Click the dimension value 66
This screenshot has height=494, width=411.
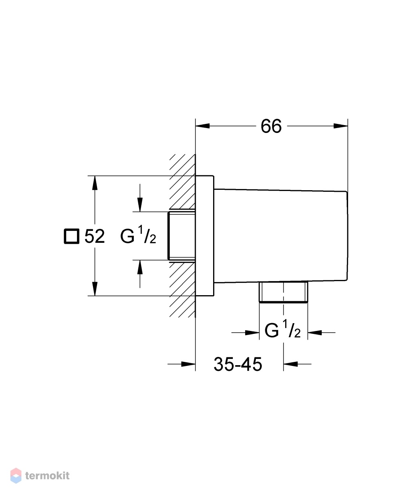[271, 126]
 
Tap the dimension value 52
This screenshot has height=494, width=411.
[95, 236]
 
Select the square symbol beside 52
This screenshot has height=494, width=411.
[72, 236]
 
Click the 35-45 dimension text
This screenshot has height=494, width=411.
[238, 364]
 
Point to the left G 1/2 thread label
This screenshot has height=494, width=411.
[138, 235]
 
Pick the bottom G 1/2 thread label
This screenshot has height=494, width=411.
[282, 329]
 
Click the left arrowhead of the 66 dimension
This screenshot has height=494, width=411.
[202, 126]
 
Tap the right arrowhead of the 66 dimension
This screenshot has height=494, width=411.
[341, 126]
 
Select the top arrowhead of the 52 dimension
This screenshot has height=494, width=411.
[95, 183]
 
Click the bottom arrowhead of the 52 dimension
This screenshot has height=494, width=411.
[95, 289]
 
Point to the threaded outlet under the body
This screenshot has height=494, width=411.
[283, 292]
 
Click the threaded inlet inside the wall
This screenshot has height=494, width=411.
[181, 235]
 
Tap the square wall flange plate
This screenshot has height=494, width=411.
[204, 235]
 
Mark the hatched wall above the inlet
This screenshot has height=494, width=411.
[183, 182]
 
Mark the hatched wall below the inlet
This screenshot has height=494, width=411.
[183, 289]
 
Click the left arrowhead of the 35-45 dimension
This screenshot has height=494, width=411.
[188, 364]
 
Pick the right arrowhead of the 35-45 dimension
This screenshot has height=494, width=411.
[290, 364]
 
